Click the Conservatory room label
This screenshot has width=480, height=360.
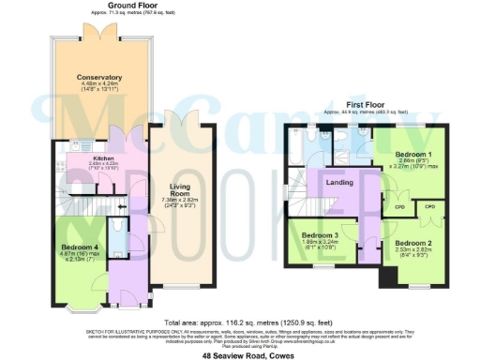coord(100,78)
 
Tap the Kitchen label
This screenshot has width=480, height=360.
coord(104,159)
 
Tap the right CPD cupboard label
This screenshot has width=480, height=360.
coord(430,206)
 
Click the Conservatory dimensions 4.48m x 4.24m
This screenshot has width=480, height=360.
coord(100,87)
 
